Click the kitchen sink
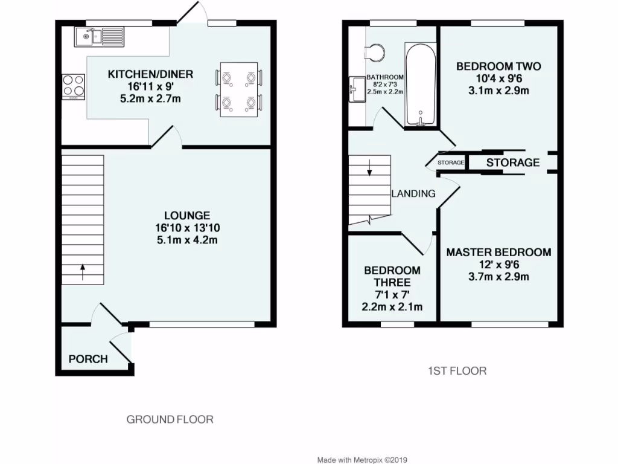99,37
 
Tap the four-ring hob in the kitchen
73,86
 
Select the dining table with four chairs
239,89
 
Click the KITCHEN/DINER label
150,74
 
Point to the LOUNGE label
187,216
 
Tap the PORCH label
88,359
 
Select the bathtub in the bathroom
421,85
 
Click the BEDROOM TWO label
499,66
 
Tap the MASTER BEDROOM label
499,253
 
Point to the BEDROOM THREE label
392,276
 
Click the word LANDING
413,194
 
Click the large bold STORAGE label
513,163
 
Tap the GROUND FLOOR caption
170,419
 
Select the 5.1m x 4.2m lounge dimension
187,240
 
